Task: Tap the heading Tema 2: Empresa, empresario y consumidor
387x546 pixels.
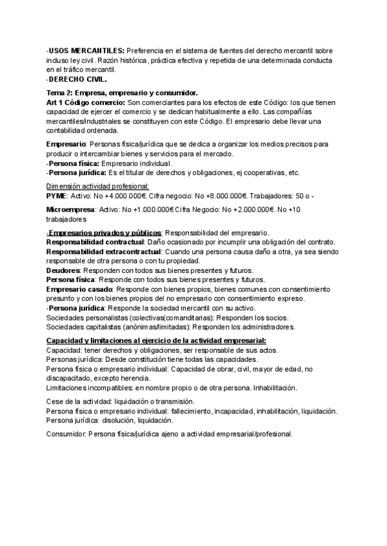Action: tap(122, 93)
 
